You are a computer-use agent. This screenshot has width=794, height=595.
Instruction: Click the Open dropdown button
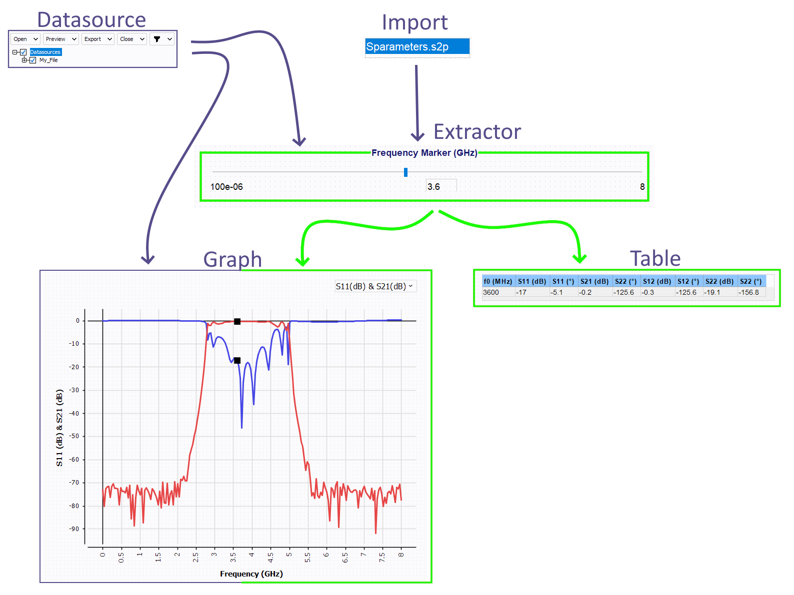coord(25,39)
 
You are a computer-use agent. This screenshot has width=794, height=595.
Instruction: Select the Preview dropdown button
coord(61,39)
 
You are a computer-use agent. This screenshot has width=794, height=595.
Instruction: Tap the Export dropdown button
coord(97,39)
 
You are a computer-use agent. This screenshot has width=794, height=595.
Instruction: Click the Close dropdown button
coord(131,39)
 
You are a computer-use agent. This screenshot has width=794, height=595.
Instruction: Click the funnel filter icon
coord(156,39)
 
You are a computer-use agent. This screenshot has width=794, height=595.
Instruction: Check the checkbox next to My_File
coord(33,60)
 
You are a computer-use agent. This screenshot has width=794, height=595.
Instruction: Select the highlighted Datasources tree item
coord(45,52)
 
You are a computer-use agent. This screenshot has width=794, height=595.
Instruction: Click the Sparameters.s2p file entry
coord(416,46)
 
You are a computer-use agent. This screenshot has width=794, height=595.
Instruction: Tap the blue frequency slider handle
coord(405,172)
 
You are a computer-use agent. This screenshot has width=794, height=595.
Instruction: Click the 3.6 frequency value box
coord(440,186)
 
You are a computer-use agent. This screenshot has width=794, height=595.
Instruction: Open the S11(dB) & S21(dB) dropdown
coord(375,286)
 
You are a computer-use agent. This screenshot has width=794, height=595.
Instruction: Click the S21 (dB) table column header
coord(594,281)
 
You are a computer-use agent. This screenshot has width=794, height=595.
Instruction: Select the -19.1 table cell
coord(719,292)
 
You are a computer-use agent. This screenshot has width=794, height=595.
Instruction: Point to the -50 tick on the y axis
coord(74,436)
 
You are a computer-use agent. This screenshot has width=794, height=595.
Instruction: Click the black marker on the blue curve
coord(237,360)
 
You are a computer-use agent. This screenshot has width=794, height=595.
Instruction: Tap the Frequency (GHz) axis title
coord(251,574)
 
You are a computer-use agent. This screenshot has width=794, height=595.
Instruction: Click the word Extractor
coord(476,131)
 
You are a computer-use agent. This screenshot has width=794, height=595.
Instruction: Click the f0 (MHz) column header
coord(497,281)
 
